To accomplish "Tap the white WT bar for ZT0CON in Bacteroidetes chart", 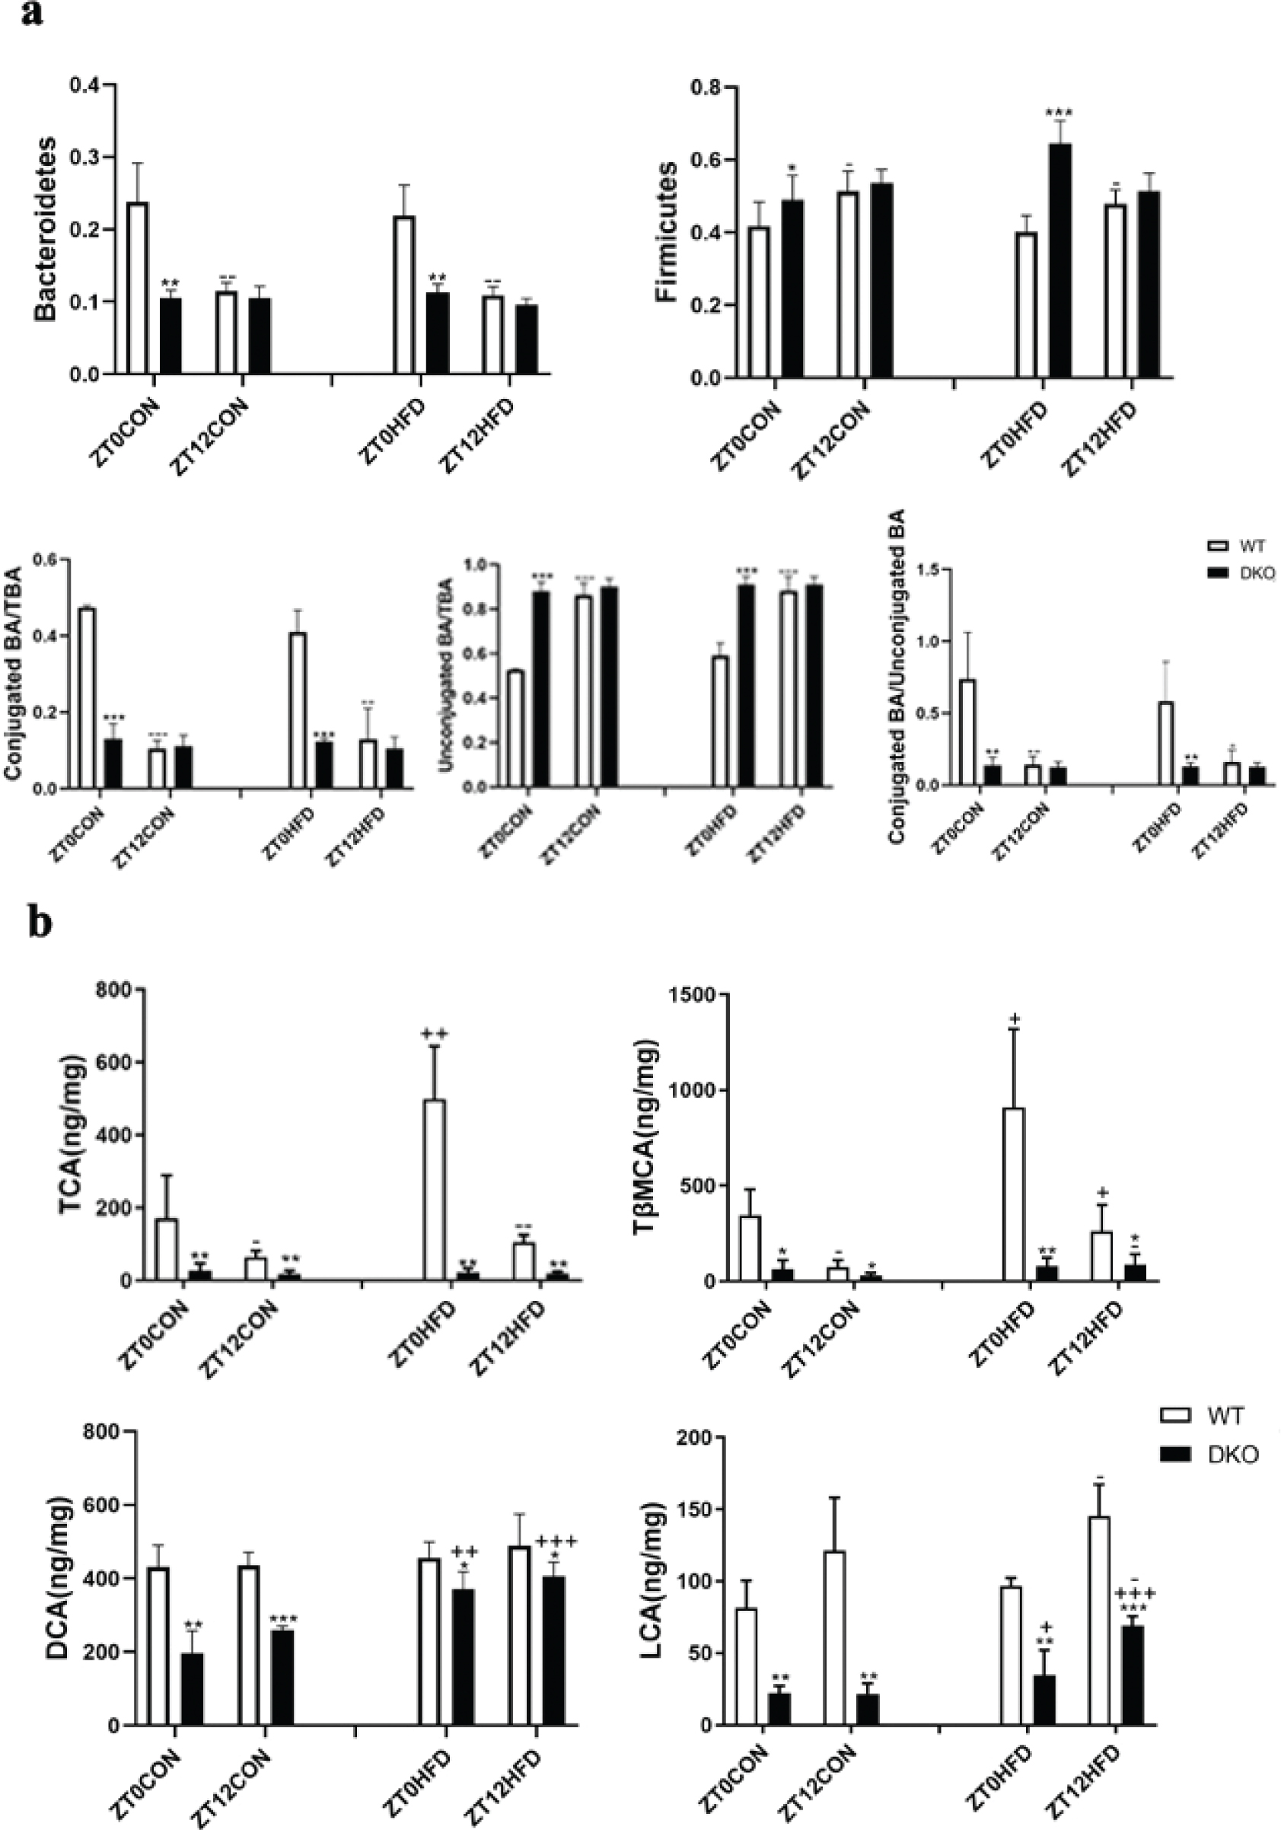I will pos(138,288).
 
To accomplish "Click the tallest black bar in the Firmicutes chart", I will pos(1060,260).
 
